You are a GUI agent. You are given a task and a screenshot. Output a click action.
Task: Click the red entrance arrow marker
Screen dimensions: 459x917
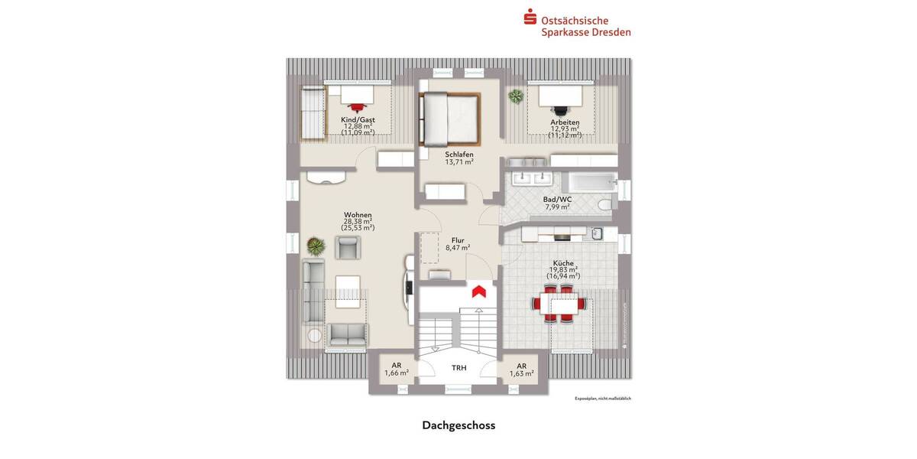coord(479,291)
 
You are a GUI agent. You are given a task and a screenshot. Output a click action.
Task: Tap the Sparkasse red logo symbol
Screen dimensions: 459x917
coord(530,17)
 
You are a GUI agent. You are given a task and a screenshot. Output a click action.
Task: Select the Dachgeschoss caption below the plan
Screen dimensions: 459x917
coord(458,425)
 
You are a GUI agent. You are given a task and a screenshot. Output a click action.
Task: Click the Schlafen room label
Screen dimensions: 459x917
coord(459,154)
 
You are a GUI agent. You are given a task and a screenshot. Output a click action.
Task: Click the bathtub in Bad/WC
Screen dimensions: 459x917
coord(589,182)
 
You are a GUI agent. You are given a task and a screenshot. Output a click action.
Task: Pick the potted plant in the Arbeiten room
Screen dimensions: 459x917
coord(516,96)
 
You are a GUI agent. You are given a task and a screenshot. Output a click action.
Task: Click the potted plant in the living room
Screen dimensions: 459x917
coord(314,246)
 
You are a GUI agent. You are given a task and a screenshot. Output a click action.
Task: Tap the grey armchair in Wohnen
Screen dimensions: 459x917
coord(348,246)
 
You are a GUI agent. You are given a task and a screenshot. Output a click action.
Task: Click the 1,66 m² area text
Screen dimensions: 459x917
coord(396,373)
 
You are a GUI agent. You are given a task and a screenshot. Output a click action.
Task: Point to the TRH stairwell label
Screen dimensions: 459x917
coord(458,368)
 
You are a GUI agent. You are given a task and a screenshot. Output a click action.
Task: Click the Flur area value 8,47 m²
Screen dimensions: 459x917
coord(458,247)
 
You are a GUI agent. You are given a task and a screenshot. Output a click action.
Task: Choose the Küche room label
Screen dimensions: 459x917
coord(563,263)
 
